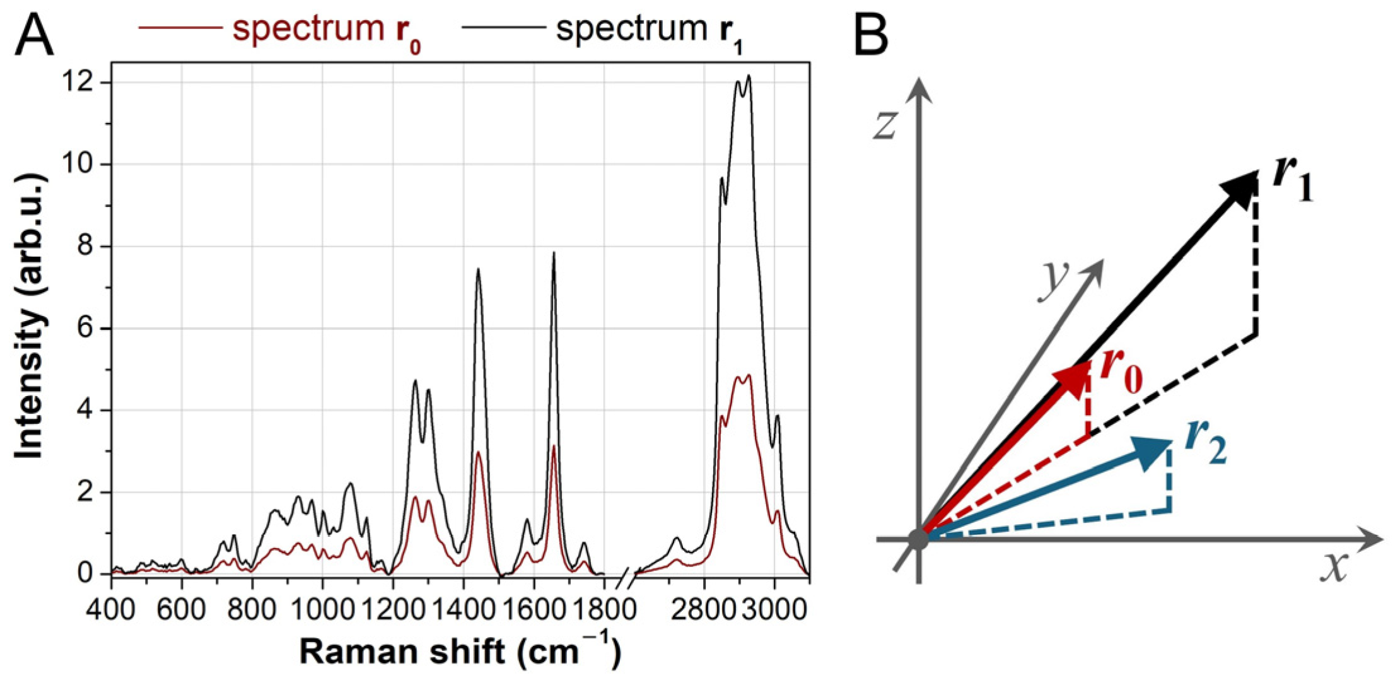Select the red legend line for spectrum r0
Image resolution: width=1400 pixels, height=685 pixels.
[x=180, y=28]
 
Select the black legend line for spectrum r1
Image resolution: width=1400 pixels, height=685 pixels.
[x=503, y=28]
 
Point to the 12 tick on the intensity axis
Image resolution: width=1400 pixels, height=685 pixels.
[x=86, y=83]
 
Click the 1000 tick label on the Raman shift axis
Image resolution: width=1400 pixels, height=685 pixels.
[x=322, y=611]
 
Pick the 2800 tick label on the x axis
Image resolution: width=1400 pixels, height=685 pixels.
[x=705, y=611]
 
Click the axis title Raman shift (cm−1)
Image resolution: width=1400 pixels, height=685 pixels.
[x=460, y=652]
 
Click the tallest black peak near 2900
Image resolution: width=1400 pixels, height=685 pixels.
[x=749, y=76]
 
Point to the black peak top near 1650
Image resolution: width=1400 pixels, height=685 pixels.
[x=554, y=254]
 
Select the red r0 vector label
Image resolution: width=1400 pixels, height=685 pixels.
[x=1121, y=374]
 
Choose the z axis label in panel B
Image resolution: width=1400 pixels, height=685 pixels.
[x=885, y=124]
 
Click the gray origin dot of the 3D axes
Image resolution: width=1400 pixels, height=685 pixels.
[x=918, y=539]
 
